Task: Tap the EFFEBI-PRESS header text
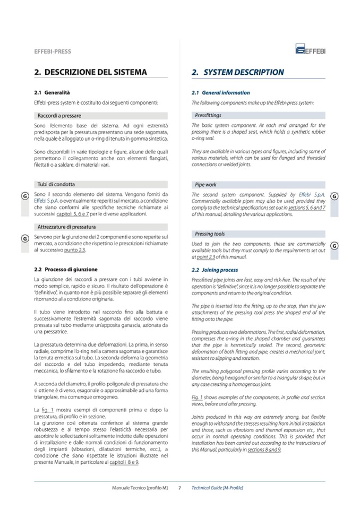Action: (52, 52)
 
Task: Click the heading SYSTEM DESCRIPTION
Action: (237, 72)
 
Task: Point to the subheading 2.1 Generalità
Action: (52, 92)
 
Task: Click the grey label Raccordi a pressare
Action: (59, 115)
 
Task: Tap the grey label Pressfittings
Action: (208, 115)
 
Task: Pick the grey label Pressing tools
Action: (210, 234)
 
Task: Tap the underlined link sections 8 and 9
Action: (264, 450)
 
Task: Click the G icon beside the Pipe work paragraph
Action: (334, 196)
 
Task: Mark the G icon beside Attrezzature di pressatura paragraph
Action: (24, 238)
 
